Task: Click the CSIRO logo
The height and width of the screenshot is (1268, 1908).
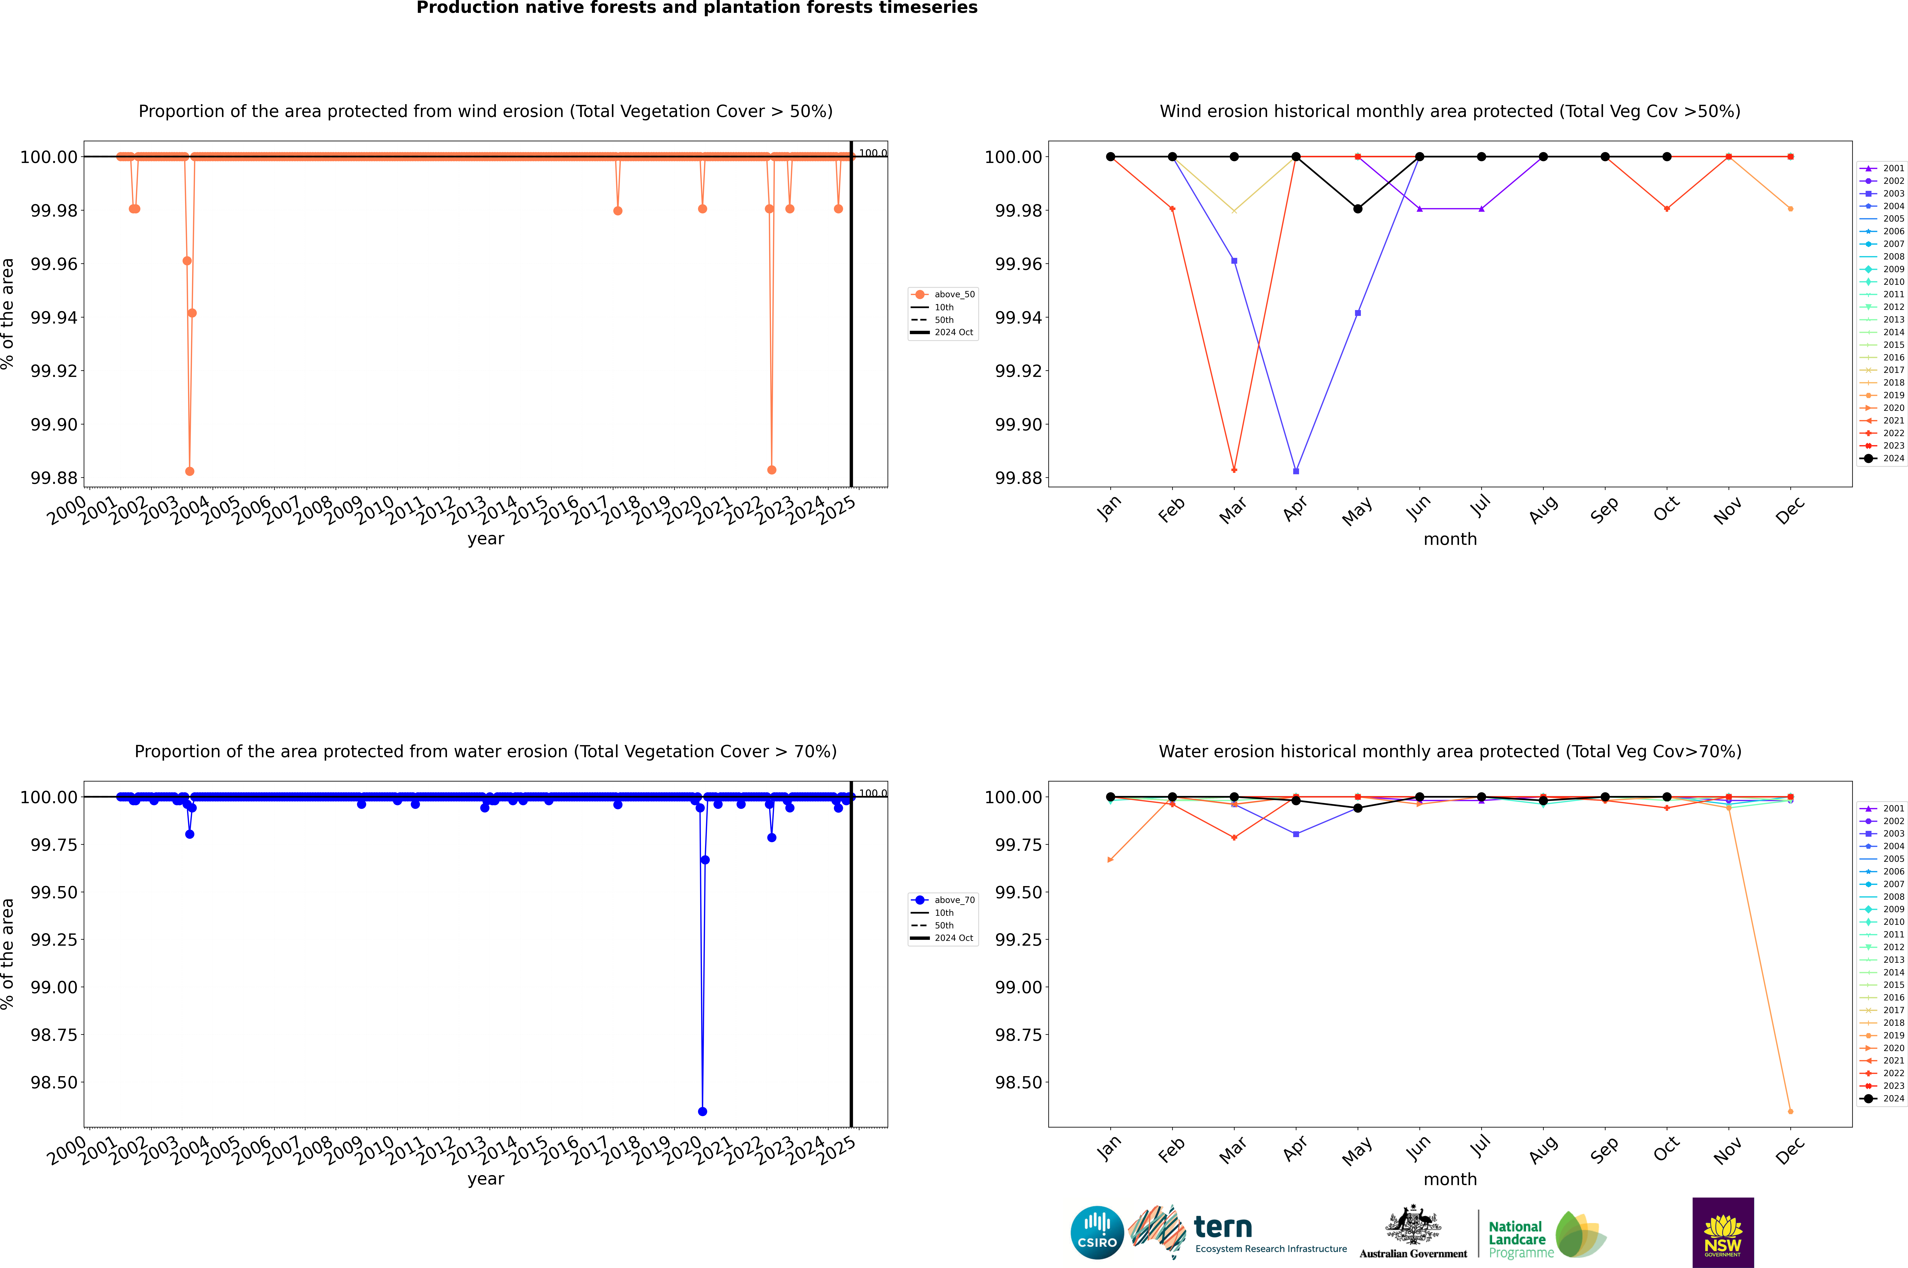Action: coord(1097,1232)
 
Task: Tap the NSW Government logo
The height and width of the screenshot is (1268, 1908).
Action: coord(1723,1232)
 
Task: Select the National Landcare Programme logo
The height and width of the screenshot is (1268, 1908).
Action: coord(1547,1234)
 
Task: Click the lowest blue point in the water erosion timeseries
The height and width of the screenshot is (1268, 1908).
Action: coord(702,1111)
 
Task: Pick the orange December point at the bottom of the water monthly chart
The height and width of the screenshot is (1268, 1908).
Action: coord(1790,1111)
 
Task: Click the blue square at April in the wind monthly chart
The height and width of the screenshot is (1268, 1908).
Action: coord(1296,471)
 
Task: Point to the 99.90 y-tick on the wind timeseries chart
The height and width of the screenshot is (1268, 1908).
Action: coord(54,424)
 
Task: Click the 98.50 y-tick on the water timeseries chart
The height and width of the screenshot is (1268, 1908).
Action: coord(54,1082)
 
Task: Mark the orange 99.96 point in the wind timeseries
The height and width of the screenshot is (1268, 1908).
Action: coord(187,260)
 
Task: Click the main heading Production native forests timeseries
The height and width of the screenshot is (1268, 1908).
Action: coord(696,8)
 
